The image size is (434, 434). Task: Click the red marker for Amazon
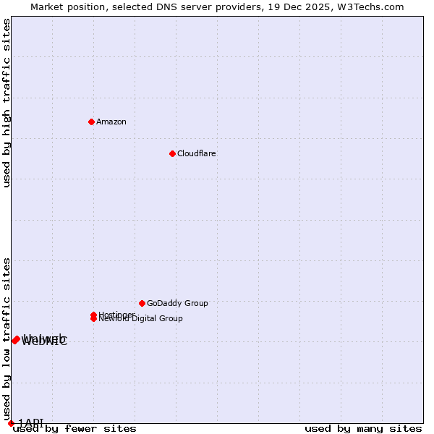(91, 122)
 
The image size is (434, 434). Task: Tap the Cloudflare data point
(172, 153)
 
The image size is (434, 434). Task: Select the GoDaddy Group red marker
(142, 303)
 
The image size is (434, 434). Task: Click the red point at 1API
(11, 423)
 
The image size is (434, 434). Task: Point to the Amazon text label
(111, 122)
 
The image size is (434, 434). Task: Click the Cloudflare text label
(197, 153)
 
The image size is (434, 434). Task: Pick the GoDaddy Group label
(177, 303)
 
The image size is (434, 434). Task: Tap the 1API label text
(31, 422)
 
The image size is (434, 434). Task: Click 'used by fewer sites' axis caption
(75, 428)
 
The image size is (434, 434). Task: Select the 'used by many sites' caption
(363, 428)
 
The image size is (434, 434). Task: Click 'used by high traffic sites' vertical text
(7, 103)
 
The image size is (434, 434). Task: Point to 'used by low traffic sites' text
(7, 339)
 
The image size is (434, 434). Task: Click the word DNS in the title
(159, 7)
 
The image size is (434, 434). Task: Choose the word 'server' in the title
(190, 7)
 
